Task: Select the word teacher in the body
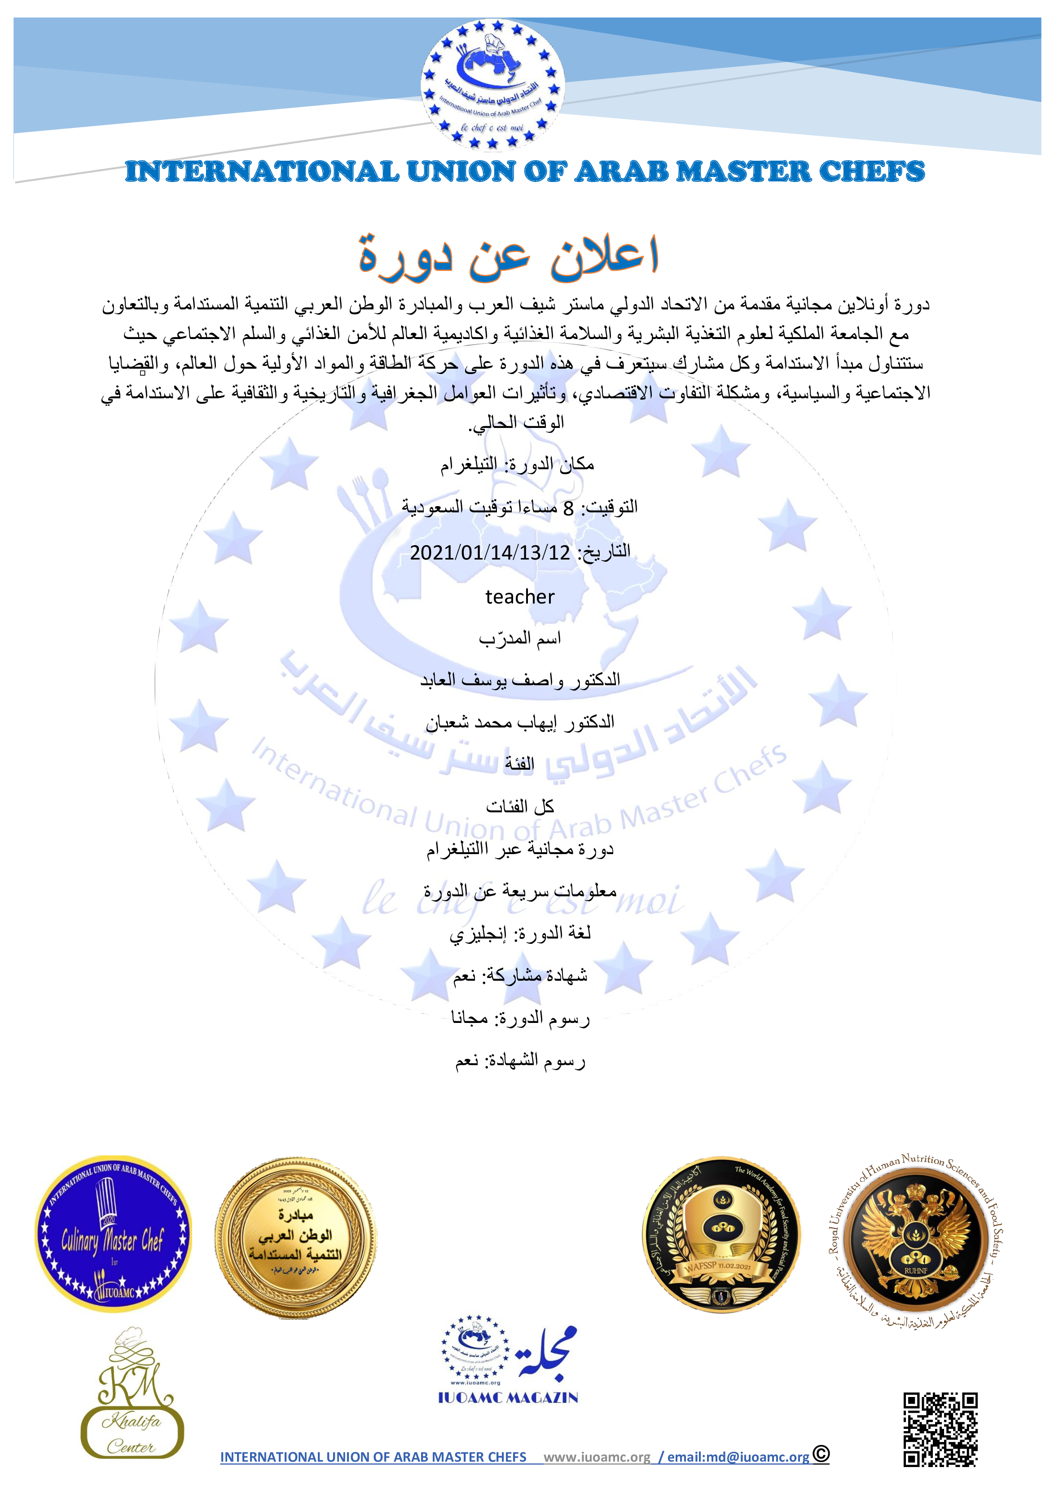pos(520,597)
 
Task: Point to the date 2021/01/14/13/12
pos(490,553)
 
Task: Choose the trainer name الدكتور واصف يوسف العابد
pos(520,680)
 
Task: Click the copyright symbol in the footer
pos(821,1454)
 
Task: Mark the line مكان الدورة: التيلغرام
pos(517,464)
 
